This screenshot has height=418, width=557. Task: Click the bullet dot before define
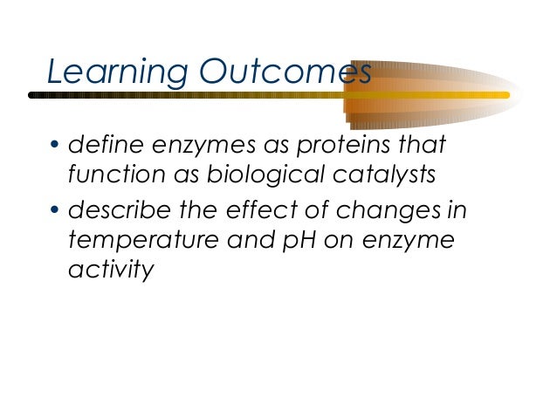coord(53,143)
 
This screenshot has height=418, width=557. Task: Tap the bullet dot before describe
coord(53,208)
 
